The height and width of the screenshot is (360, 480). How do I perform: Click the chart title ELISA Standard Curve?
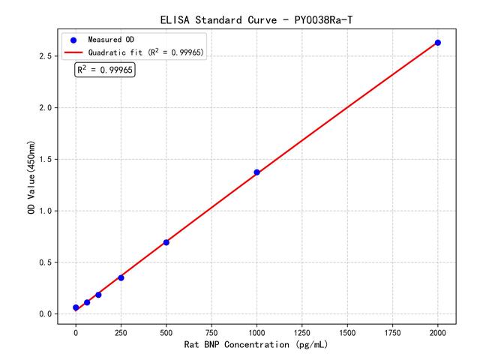point(256,19)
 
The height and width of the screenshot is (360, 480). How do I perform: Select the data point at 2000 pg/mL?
point(438,43)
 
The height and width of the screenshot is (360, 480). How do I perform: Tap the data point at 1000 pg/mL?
point(256,172)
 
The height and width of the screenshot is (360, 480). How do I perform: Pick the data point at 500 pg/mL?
point(166,242)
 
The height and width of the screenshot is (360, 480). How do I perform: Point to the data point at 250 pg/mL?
point(121,277)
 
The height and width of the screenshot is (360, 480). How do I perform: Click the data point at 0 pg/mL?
point(76,307)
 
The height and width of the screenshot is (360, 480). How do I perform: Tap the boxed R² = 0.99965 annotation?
point(104,70)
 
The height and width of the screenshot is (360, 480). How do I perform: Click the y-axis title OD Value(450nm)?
point(31,177)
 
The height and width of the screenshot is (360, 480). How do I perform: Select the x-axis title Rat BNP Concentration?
point(256,345)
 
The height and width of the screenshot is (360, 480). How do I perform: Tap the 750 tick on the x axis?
point(211,331)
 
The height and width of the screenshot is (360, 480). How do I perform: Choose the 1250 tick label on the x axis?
point(302,331)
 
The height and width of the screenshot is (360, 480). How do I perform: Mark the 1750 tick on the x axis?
point(392,331)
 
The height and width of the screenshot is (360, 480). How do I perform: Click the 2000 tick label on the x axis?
point(438,331)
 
